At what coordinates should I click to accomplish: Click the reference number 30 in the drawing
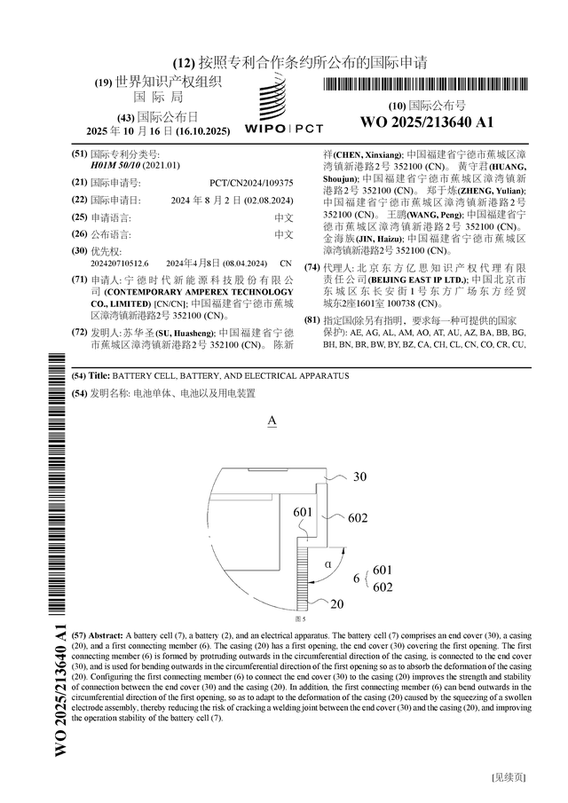[x=359, y=476]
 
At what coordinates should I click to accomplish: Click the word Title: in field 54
[x=99, y=376]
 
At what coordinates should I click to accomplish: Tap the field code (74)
[x=312, y=267]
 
